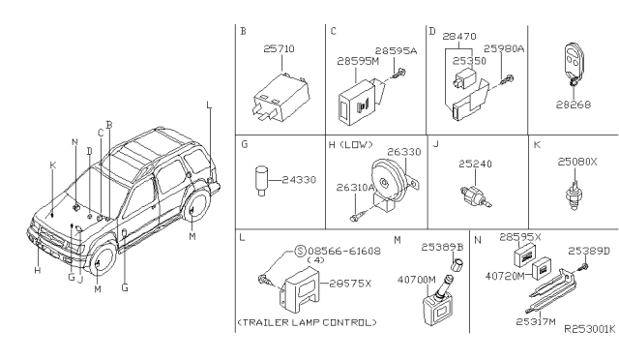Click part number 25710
[279, 49]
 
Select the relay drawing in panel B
[281, 97]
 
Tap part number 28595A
[396, 51]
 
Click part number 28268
[574, 105]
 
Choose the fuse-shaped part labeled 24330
[261, 180]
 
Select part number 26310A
[355, 188]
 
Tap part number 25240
[475, 164]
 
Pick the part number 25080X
[577, 162]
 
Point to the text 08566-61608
[344, 251]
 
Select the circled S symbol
[301, 251]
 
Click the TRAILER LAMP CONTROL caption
[307, 322]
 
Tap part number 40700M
[417, 280]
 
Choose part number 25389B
[442, 247]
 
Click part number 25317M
[536, 321]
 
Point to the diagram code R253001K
[589, 329]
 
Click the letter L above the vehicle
[209, 105]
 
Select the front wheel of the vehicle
[101, 261]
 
